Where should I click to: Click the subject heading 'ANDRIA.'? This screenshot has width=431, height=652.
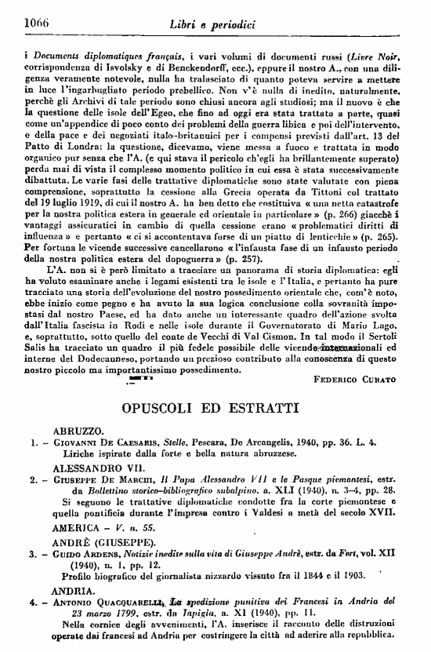pos(73,591)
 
